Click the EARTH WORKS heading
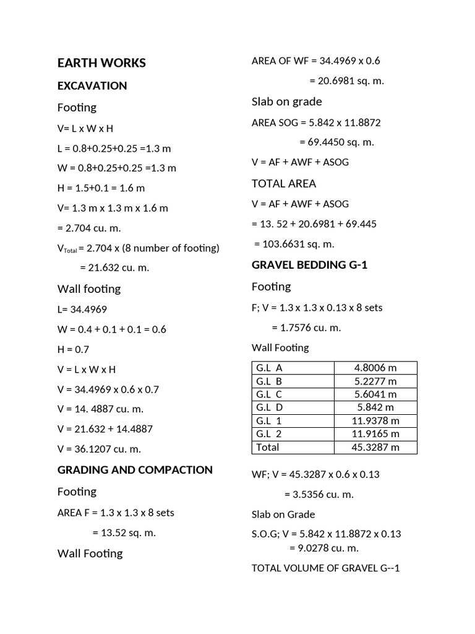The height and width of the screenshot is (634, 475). pos(101,63)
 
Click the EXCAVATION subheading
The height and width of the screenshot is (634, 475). pos(92,85)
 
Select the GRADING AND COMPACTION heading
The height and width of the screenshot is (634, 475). pos(135,469)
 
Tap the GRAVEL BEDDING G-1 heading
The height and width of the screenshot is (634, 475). pos(310,265)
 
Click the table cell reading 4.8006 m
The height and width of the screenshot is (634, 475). pos(375,368)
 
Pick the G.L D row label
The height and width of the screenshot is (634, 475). pos(270,407)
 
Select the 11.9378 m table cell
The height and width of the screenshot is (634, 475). pos(375,421)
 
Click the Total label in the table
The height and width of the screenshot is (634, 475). pos(267,447)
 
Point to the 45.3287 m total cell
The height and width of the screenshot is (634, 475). pos(375,447)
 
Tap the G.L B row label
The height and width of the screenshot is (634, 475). pos(269,381)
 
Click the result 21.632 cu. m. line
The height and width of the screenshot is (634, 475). pos(114,267)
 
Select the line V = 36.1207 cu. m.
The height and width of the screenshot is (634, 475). pos(99,449)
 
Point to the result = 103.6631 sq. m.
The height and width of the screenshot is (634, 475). pos(294,244)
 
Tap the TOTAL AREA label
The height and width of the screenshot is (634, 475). pos(284,183)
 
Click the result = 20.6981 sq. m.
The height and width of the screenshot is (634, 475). pos(346,81)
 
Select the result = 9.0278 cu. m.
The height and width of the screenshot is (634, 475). pos(323,547)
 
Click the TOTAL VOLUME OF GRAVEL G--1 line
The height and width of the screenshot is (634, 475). pos(326,568)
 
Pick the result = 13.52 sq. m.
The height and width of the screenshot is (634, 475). pos(124,532)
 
